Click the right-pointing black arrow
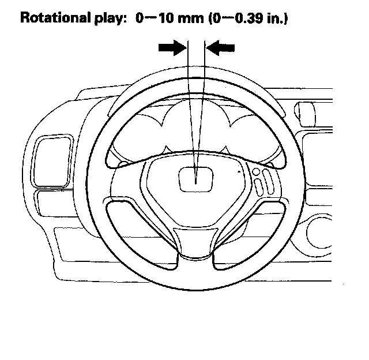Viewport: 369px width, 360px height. click(171, 49)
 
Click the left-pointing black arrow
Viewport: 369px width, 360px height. click(221, 49)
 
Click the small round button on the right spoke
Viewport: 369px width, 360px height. click(255, 171)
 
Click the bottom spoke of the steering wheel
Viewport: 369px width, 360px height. click(196, 242)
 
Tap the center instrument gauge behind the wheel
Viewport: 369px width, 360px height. click(196, 130)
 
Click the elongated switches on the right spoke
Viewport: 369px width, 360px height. click(264, 182)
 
